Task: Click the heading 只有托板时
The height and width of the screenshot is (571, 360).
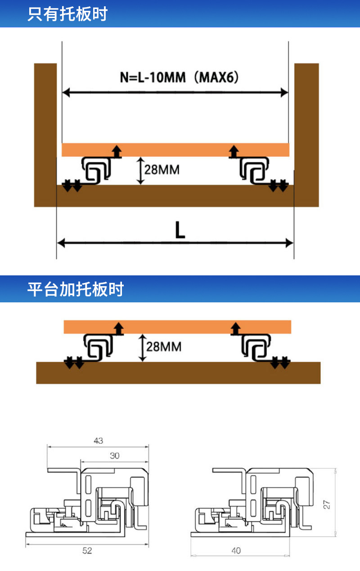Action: pos(67,14)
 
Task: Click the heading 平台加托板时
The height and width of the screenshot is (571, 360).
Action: pos(75,289)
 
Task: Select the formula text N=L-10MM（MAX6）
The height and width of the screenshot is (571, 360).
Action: pos(179,77)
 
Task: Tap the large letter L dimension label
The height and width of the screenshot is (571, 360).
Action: pos(180,230)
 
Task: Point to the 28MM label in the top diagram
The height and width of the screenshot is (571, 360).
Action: pos(162,170)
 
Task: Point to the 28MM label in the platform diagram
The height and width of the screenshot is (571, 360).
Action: pos(164,346)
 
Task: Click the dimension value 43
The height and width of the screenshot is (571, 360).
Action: pos(98,441)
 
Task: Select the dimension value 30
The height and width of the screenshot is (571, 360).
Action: pos(115,456)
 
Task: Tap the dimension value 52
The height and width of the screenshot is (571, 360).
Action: pos(87,551)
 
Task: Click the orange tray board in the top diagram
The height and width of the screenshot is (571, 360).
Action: pos(175,150)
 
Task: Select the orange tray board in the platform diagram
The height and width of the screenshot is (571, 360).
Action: pos(177,327)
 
